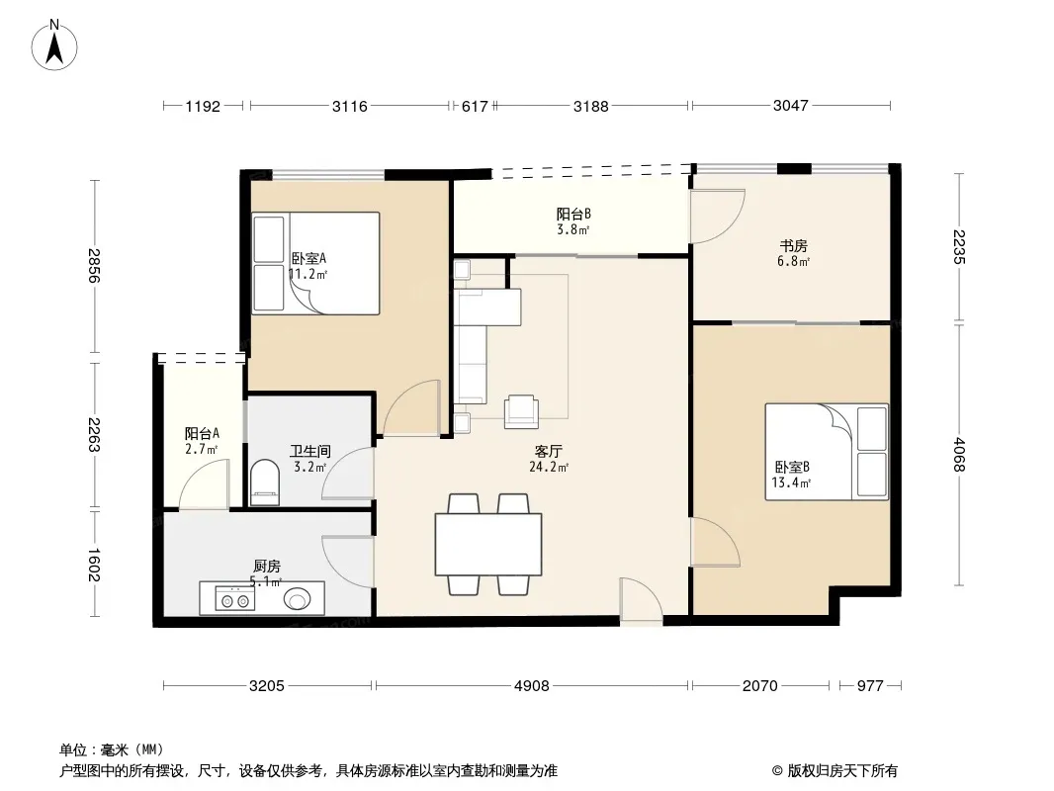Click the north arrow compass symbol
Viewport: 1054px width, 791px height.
tap(54, 45)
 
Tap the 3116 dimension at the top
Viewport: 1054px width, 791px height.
tap(350, 106)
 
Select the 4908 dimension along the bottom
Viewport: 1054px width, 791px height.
tap(532, 686)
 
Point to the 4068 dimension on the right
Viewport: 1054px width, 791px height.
tap(959, 454)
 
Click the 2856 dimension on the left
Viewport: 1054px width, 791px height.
tap(94, 265)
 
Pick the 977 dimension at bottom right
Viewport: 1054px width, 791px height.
tap(870, 686)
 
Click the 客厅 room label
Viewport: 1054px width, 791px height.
tap(548, 452)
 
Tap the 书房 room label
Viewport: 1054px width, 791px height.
tap(793, 246)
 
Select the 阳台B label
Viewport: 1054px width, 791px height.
tap(573, 215)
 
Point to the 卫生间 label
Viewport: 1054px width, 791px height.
tap(309, 451)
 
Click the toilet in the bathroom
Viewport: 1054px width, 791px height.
tap(264, 482)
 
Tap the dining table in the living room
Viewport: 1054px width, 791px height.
tap(488, 544)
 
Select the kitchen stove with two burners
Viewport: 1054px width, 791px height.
tap(235, 598)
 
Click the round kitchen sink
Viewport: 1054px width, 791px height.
tap(297, 598)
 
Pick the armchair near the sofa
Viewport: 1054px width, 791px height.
tap(522, 411)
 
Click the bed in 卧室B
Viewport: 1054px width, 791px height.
tap(827, 452)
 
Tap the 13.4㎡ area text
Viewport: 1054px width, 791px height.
tap(791, 483)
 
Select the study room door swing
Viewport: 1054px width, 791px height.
tap(718, 217)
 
